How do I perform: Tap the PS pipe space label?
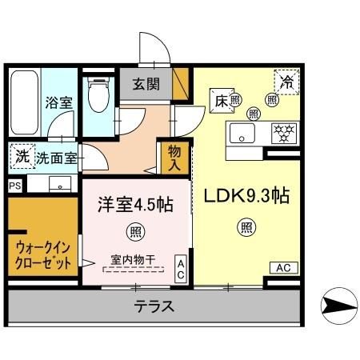[14, 185]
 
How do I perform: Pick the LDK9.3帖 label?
[245, 197]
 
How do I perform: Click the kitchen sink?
[241, 132]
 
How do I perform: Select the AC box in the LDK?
[284, 267]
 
